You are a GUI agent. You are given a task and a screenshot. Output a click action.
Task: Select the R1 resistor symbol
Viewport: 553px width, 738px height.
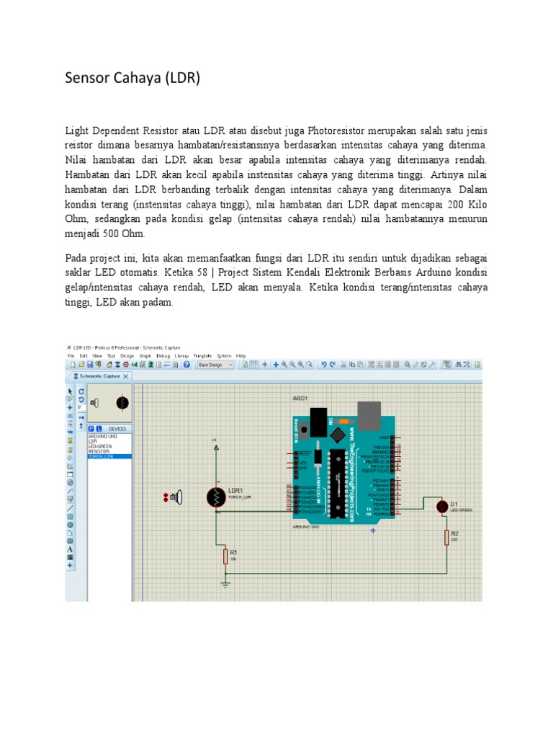coord(225,556)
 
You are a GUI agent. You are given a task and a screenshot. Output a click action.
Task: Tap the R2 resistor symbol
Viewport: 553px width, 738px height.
coord(446,537)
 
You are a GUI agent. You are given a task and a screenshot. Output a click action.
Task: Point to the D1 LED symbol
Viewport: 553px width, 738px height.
coord(442,507)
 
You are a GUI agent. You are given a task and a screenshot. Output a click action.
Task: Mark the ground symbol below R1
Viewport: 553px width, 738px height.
coord(225,583)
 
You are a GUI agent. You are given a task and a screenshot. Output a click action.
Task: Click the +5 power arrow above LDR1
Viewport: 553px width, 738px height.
coord(215,447)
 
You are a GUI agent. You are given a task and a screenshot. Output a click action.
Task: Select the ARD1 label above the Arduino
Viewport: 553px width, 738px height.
coord(300,398)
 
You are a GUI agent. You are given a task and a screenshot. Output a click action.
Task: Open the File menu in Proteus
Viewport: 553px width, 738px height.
coord(71,355)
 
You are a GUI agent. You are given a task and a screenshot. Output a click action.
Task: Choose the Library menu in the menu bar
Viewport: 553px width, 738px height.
coord(181,355)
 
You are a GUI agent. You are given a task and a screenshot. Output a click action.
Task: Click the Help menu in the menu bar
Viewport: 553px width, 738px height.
coord(240,355)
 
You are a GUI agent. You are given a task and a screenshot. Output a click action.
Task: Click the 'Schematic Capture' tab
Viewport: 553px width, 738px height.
coord(99,376)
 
